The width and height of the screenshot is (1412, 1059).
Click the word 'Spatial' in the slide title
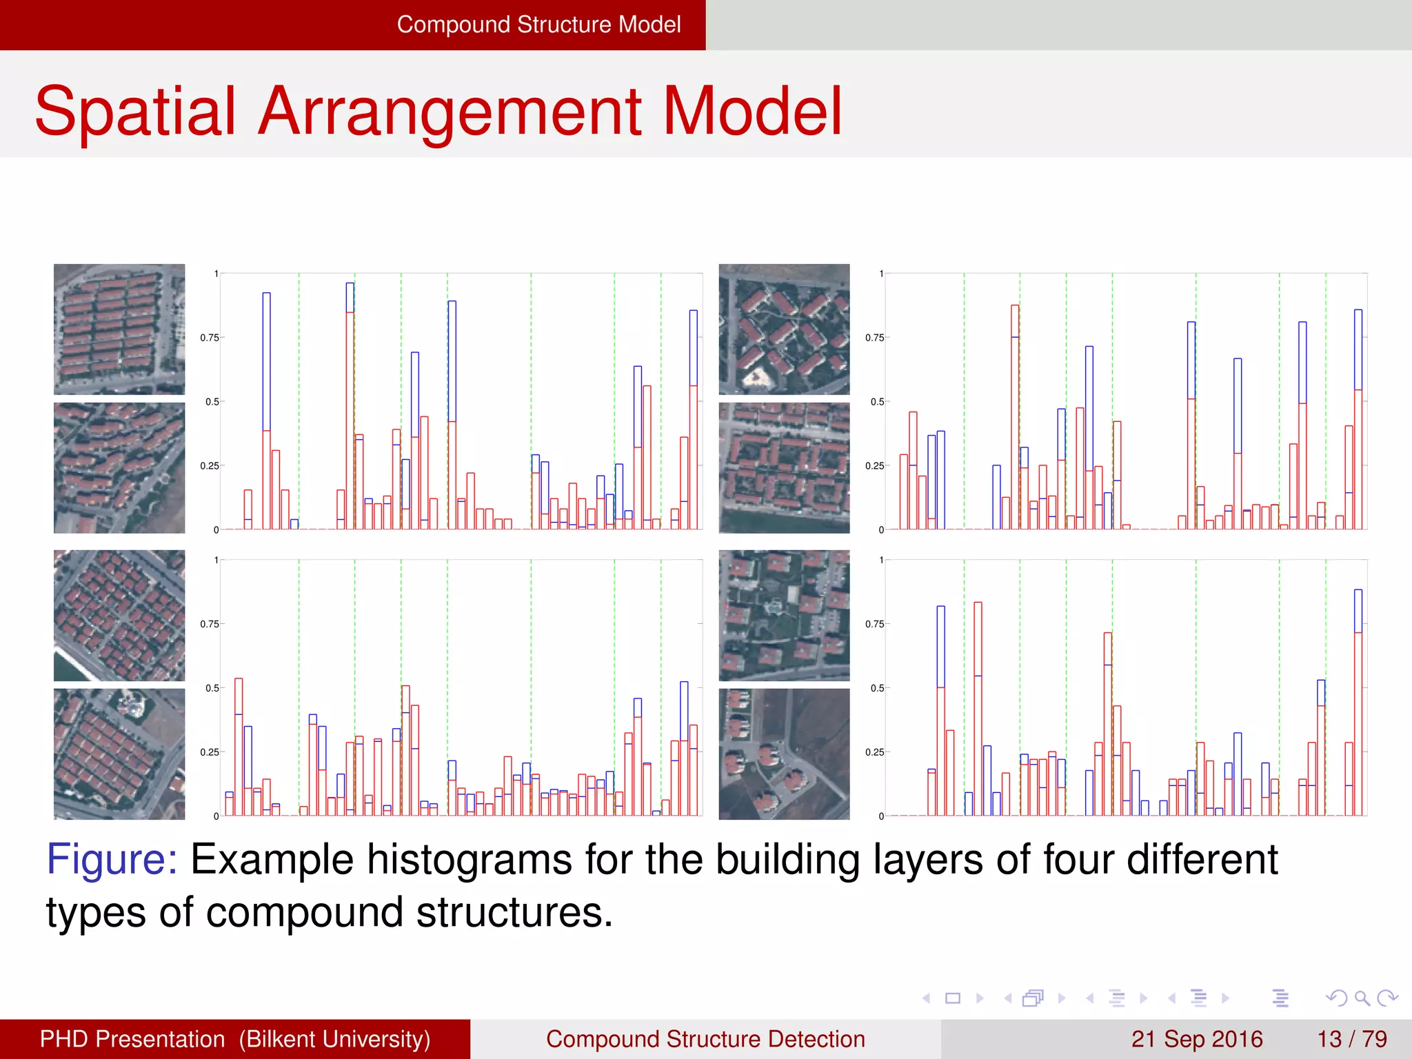(136, 112)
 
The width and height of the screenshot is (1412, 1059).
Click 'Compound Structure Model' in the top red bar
(538, 25)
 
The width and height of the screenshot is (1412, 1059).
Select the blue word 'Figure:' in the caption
(112, 860)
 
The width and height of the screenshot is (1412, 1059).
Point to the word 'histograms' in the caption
(469, 860)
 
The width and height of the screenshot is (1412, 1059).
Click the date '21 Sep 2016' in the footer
(1196, 1039)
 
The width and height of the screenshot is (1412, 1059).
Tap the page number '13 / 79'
(1352, 1039)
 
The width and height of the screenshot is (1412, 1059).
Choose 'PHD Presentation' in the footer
(132, 1039)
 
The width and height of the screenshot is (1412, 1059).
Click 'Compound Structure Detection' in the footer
(705, 1039)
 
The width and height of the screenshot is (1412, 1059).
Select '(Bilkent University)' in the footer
(334, 1039)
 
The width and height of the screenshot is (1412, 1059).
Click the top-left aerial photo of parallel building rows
(119, 329)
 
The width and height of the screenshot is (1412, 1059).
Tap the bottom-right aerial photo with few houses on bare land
(784, 754)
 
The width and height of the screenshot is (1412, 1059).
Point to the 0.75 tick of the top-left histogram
(210, 338)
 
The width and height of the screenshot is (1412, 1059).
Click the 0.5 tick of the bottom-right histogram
(876, 688)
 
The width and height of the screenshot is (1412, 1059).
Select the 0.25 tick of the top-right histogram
(874, 466)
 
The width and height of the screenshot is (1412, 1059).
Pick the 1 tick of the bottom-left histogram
(216, 560)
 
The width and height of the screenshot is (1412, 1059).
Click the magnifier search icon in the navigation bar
(1362, 998)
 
